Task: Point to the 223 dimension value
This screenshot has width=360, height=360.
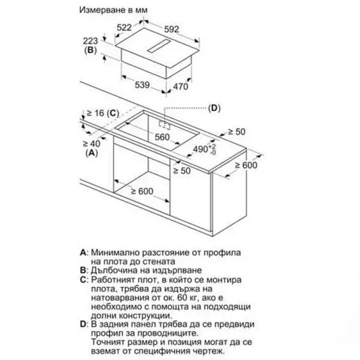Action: click(x=91, y=39)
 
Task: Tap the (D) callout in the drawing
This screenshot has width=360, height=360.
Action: click(x=215, y=107)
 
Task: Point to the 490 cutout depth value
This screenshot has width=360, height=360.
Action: click(x=202, y=149)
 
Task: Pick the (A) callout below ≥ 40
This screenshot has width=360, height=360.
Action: click(x=92, y=154)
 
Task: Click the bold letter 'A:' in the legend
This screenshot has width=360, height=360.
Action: click(x=83, y=252)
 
